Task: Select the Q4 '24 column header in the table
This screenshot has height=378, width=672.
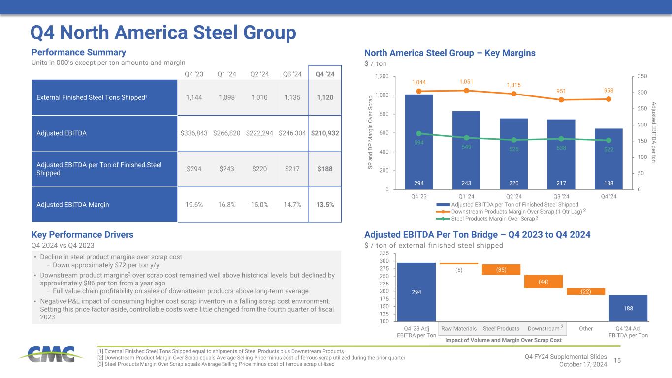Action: pyautogui.click(x=325, y=74)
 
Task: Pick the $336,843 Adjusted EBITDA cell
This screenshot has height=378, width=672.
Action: pyautogui.click(x=195, y=133)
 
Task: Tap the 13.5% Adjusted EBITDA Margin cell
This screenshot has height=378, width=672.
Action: pyautogui.click(x=325, y=204)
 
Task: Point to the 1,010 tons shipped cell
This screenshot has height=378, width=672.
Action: pyautogui.click(x=260, y=97)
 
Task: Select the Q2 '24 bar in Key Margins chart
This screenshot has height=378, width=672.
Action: pyautogui.click(x=513, y=154)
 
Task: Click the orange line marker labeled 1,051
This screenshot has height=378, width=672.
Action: pyautogui.click(x=466, y=90)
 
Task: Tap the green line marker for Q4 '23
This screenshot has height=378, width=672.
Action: pyautogui.click(x=419, y=133)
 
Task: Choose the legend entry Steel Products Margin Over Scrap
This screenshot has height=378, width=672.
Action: pyautogui.click(x=493, y=218)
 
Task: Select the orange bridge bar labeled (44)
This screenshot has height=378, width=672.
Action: pyautogui.click(x=544, y=282)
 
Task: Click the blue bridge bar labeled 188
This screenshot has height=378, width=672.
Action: pyautogui.click(x=628, y=308)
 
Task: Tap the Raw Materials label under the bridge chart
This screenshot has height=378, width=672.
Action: pyautogui.click(x=459, y=328)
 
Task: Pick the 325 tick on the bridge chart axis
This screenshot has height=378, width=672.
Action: pyautogui.click(x=385, y=253)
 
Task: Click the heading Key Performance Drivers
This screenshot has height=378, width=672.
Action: pyautogui.click(x=82, y=235)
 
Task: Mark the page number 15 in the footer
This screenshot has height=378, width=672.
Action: pyautogui.click(x=618, y=361)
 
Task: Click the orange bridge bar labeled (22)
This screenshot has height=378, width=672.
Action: pyautogui.click(x=585, y=291)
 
